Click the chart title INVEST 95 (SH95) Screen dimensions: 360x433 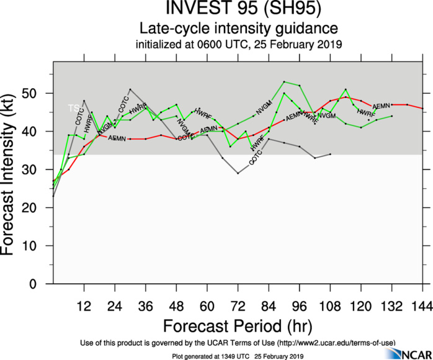click(239, 11)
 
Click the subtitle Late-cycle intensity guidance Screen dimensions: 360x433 click(239, 29)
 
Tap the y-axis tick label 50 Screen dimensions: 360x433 click(40, 93)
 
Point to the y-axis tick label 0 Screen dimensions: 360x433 click(43, 284)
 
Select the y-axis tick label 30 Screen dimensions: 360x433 click(40, 169)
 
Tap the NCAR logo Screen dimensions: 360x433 click(408, 353)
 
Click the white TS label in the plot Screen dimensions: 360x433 click(73, 108)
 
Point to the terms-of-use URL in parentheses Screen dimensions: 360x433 click(333, 342)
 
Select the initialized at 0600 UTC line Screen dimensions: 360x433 click(239, 45)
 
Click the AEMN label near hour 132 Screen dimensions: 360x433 click(380, 106)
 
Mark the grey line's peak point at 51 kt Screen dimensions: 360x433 click(130, 89)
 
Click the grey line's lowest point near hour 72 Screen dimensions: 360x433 click(238, 173)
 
